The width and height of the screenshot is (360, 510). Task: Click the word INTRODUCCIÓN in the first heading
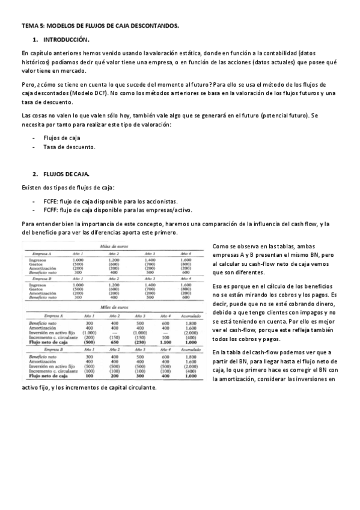67,40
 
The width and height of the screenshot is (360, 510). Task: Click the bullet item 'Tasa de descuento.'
69,147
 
